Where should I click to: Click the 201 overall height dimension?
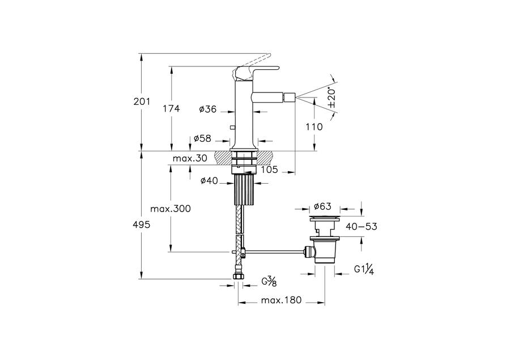point(142,101)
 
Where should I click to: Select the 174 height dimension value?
point(171,108)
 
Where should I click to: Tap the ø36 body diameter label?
point(208,109)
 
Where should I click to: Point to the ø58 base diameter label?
point(202,139)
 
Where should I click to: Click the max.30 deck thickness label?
point(190,159)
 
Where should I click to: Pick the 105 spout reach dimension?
point(269,170)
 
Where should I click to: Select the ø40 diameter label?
point(209,181)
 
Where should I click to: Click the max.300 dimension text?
point(171,209)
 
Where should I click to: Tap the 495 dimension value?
point(142,225)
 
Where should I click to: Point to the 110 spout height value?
point(314,126)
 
